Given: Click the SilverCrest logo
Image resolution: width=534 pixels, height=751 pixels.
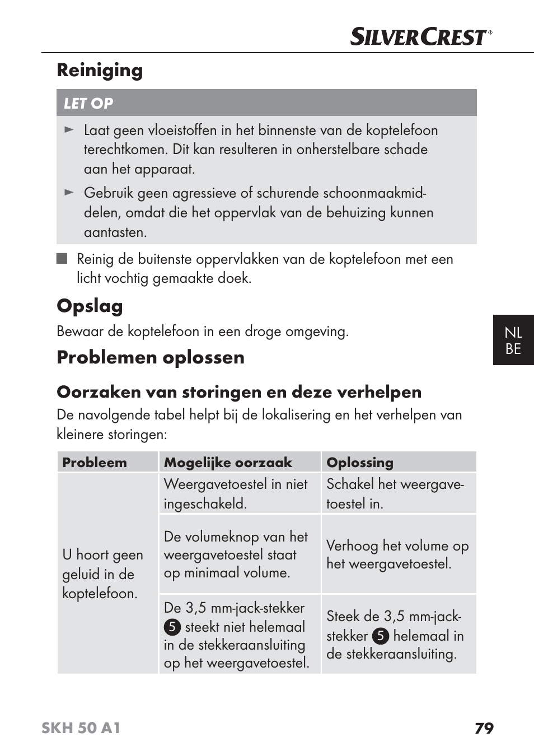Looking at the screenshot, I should click(420, 37).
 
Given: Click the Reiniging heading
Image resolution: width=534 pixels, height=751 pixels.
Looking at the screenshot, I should click(100, 71).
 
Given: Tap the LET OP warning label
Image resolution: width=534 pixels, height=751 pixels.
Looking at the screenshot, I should click(88, 104).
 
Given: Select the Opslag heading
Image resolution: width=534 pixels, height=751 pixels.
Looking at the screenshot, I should click(90, 306).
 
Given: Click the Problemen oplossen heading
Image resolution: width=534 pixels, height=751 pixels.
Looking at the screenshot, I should click(151, 357).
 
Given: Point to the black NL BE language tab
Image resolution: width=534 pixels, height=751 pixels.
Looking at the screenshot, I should click(513, 340).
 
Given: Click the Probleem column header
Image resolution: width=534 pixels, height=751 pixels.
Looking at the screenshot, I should click(95, 463).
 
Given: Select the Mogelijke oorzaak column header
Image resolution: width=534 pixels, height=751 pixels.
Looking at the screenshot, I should click(228, 463).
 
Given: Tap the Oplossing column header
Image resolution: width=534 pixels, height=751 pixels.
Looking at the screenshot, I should click(360, 463).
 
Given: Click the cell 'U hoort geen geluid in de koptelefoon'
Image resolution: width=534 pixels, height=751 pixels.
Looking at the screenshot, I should click(103, 574).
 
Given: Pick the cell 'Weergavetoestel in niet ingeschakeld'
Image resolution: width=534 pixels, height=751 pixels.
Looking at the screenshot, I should click(236, 493).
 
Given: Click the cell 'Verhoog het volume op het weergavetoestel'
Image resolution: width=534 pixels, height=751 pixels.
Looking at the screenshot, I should click(397, 554).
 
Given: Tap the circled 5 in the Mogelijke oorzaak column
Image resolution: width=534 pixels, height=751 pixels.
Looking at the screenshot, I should click(172, 627).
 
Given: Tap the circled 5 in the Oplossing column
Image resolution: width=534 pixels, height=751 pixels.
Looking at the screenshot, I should click(380, 636).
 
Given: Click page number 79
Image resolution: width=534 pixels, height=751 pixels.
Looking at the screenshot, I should click(484, 728).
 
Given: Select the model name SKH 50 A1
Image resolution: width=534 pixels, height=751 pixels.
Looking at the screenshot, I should click(81, 728).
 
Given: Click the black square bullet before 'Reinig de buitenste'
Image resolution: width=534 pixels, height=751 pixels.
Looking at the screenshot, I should click(62, 259).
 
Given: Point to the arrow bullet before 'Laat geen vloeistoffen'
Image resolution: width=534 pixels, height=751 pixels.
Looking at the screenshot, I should click(69, 130).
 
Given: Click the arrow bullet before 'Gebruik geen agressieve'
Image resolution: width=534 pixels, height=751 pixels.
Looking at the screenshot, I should click(69, 193).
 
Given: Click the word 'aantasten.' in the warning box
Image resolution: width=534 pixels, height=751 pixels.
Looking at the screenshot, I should click(115, 232).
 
